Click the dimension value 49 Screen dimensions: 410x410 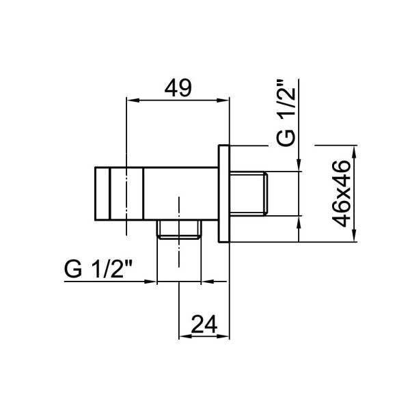click(178, 88)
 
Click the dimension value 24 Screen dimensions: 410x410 click(204, 324)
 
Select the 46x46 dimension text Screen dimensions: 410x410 click(341, 194)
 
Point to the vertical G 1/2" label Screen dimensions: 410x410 click(286, 113)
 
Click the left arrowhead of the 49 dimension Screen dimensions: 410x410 click(133, 100)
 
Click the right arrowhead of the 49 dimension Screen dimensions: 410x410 click(223, 100)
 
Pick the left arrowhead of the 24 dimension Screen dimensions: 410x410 click(185, 336)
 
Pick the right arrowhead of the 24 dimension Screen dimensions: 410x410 click(223, 336)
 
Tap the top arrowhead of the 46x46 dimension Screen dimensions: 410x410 click(354, 152)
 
